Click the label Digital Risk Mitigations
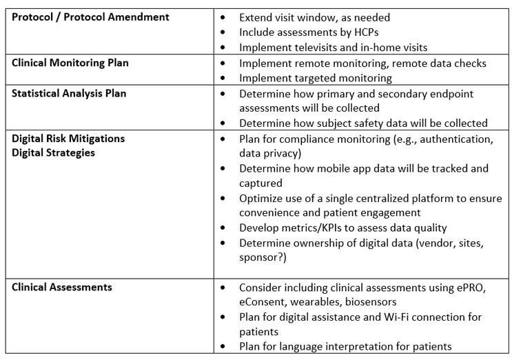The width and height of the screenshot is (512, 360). click(69, 139)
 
